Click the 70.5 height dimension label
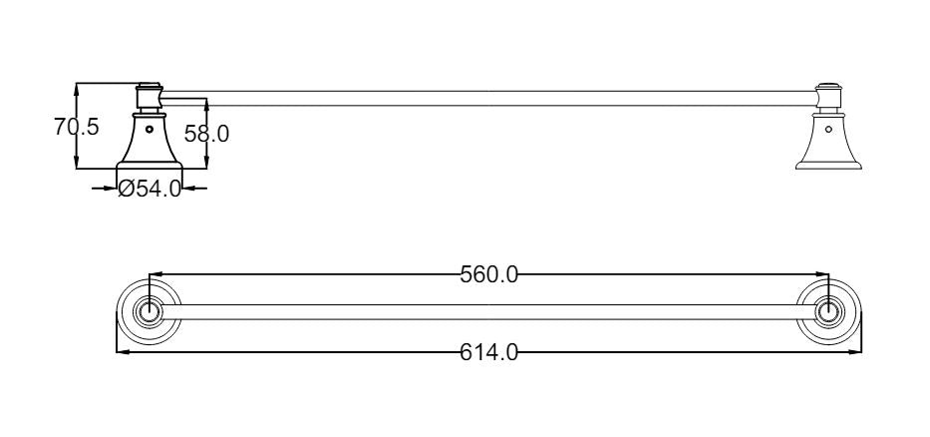point(77,127)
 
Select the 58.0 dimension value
point(206,134)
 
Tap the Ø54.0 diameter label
point(150,189)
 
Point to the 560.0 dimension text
point(489,275)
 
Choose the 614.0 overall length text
point(489,352)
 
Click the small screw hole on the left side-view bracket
point(149,129)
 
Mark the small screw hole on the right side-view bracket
point(828,129)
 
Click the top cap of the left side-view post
point(149,86)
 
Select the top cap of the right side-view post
point(828,86)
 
